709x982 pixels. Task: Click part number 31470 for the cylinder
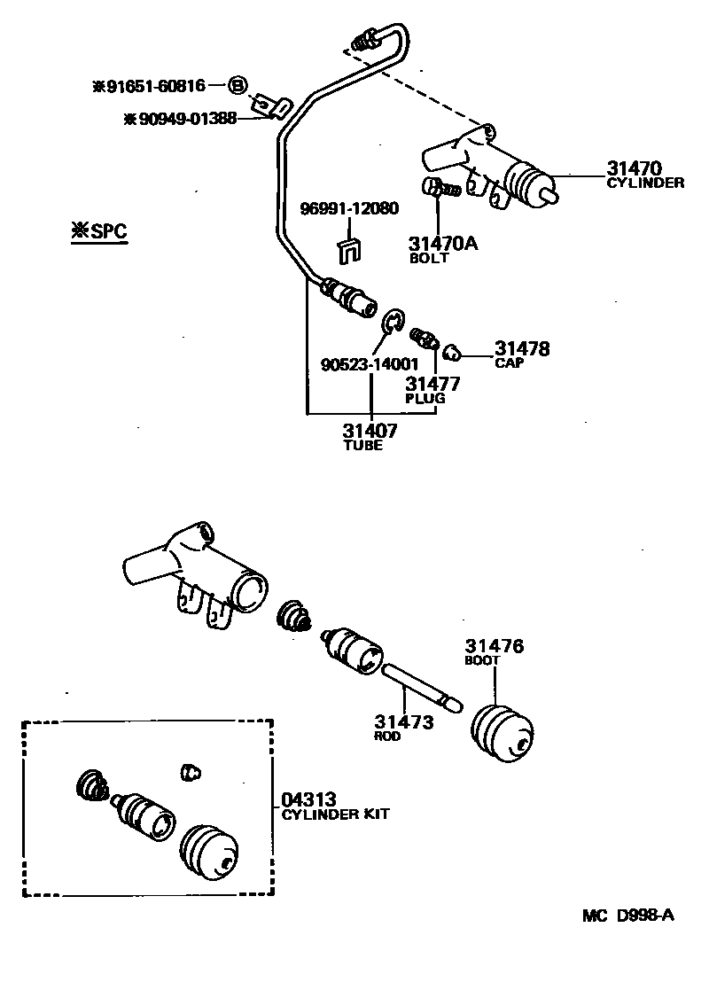coord(634,168)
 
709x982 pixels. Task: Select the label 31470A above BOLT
coord(442,243)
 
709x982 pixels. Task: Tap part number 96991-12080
coord(348,209)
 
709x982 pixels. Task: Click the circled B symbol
coord(238,86)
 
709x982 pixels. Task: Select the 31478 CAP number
coord(522,348)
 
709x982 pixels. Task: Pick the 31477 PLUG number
coord(432,384)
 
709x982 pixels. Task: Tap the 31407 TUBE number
coord(370,431)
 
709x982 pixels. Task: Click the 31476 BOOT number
coord(494,646)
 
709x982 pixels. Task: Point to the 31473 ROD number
coord(403,721)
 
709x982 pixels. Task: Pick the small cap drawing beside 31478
coord(451,353)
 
